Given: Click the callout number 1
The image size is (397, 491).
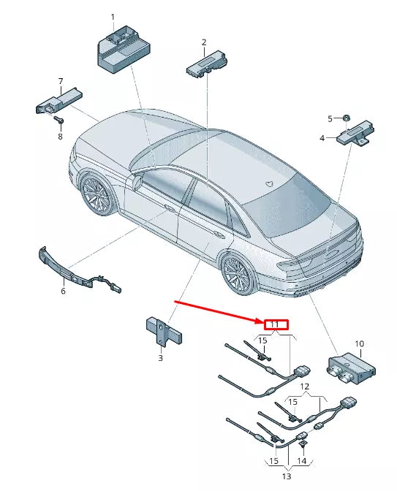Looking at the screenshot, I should click(113, 16).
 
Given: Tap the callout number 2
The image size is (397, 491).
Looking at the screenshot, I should click(204, 42).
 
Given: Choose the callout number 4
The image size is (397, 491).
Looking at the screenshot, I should click(321, 137).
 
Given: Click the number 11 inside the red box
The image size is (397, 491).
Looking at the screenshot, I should click(276, 324).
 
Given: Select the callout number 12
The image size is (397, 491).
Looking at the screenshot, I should click(306, 386).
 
